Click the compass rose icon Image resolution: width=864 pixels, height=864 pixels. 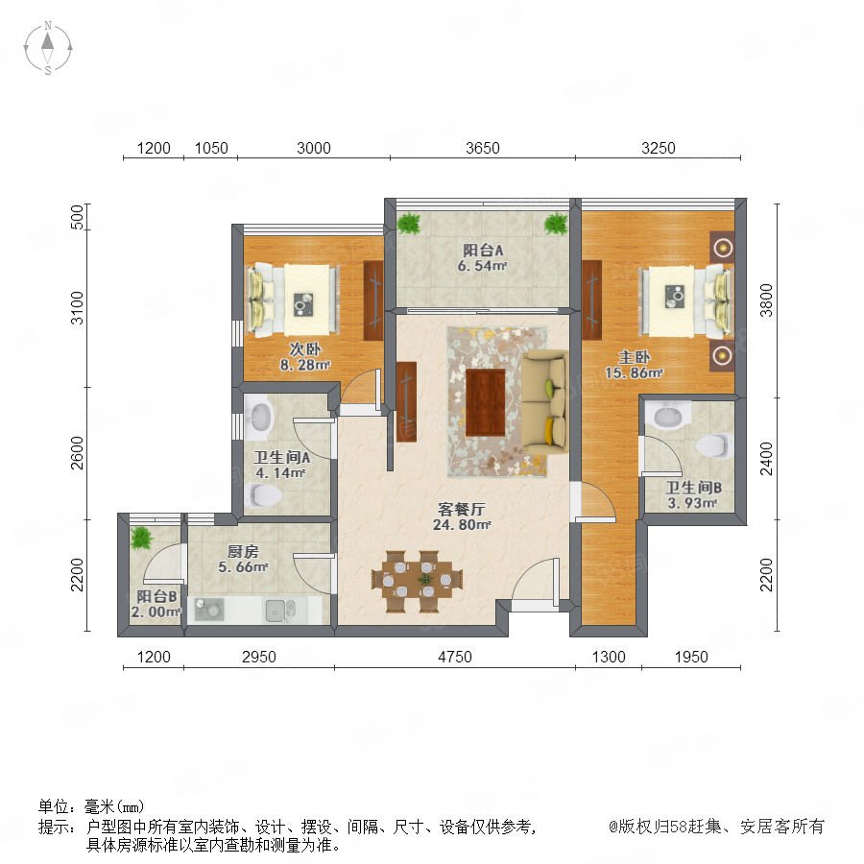(48, 48)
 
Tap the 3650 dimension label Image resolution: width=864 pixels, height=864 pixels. (482, 148)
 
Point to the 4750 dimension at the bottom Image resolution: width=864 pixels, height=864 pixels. (455, 657)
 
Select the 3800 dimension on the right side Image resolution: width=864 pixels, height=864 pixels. (766, 300)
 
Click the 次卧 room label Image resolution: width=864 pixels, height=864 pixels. (304, 349)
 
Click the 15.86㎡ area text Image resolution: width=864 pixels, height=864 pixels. (634, 373)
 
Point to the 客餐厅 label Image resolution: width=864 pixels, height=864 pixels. (461, 509)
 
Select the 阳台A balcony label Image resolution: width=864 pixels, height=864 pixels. (483, 251)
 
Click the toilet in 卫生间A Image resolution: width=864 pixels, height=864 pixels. (262, 495)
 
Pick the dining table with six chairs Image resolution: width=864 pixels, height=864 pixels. (418, 581)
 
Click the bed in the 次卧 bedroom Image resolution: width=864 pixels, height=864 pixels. (292, 300)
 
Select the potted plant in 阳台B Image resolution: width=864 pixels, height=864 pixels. (142, 538)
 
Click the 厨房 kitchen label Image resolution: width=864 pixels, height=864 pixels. (243, 552)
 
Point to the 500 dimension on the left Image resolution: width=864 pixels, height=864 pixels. (78, 217)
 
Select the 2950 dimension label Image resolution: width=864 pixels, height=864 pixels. (259, 657)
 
